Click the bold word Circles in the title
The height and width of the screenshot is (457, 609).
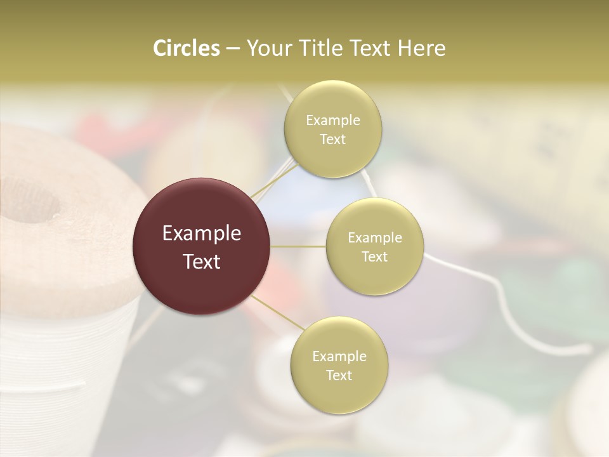(186, 48)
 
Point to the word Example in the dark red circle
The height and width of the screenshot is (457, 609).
(202, 234)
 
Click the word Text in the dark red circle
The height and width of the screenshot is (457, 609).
(202, 262)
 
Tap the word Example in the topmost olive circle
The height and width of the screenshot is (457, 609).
(332, 120)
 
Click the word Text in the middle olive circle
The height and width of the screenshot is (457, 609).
(374, 256)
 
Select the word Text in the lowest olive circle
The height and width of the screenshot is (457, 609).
(339, 375)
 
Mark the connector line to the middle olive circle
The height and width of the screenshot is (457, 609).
(298, 246)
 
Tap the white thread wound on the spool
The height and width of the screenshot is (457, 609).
(51, 355)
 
